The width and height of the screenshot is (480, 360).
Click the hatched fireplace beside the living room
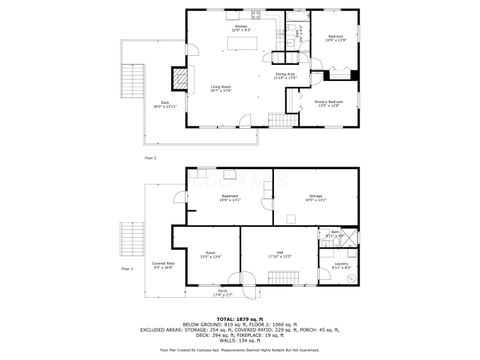(x=180, y=78)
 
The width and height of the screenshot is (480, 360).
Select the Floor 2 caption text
(x=151, y=157)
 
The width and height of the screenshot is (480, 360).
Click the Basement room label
(x=230, y=197)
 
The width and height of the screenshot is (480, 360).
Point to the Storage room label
(x=315, y=197)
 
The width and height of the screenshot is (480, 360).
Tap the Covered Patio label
(x=162, y=266)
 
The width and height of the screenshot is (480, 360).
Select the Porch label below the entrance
(x=222, y=293)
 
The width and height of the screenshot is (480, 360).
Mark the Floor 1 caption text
(x=127, y=268)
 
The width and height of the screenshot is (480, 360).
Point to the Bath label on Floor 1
(x=336, y=234)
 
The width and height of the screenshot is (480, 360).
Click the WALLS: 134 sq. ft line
(x=240, y=340)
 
